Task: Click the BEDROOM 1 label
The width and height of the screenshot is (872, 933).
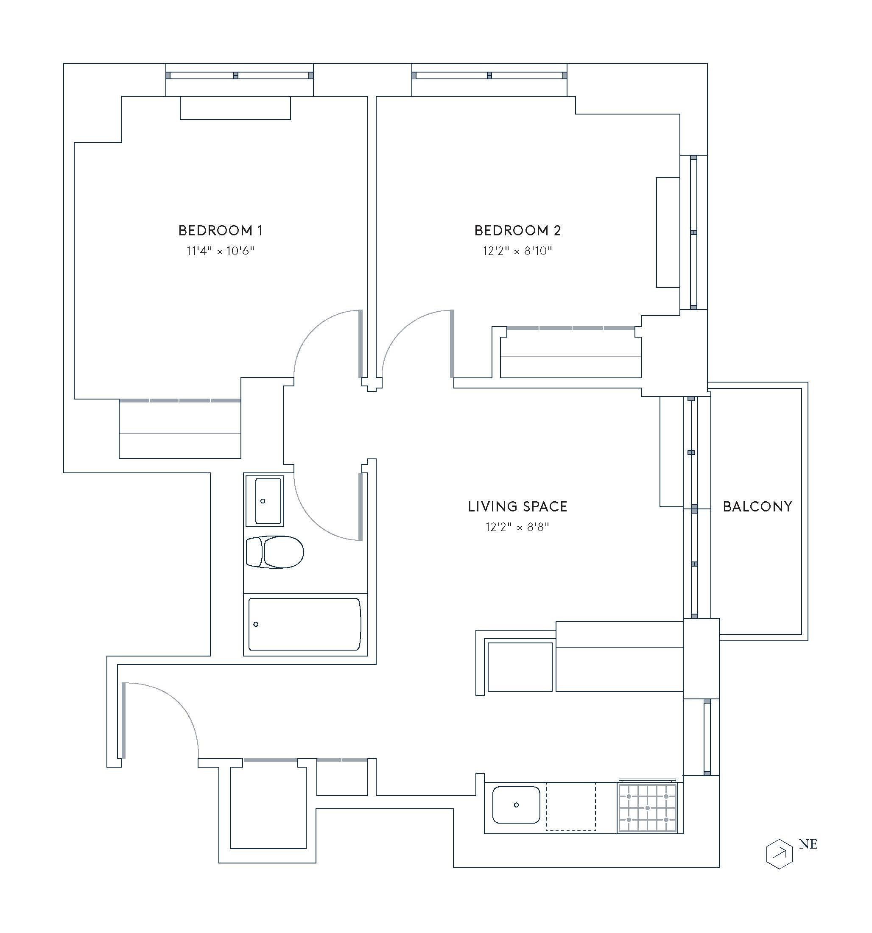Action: pos(220,230)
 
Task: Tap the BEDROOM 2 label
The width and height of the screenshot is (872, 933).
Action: pos(517,230)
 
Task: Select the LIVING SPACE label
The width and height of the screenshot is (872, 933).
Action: pos(517,506)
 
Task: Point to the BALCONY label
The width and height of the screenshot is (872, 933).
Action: pos(757,506)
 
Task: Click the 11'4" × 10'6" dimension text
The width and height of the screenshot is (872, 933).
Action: pos(220,251)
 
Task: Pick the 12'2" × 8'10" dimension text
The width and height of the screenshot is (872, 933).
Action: pos(517,251)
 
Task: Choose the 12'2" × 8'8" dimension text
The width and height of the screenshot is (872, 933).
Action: pos(517,527)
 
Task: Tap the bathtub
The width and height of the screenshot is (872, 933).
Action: pos(305,624)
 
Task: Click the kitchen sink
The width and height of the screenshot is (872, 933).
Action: pos(516,805)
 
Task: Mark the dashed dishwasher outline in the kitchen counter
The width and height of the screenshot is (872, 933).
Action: pos(570,806)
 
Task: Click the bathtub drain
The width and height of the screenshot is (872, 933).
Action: pos(256,624)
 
